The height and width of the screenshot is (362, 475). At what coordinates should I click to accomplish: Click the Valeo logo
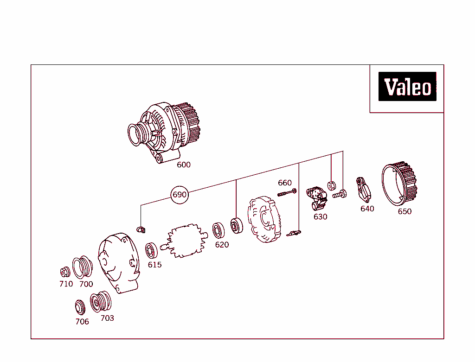pyautogui.click(x=407, y=87)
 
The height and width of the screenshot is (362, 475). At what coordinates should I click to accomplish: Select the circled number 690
pyautogui.click(x=180, y=195)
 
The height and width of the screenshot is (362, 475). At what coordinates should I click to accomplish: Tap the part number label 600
pyautogui.click(x=184, y=165)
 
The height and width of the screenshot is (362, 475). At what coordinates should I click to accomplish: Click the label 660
pyautogui.click(x=285, y=183)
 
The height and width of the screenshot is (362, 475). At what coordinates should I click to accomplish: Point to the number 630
pyautogui.click(x=320, y=217)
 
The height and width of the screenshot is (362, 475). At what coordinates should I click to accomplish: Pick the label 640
pyautogui.click(x=367, y=209)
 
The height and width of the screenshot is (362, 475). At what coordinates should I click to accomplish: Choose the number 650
pyautogui.click(x=404, y=212)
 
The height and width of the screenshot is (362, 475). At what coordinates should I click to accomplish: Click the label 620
pyautogui.click(x=222, y=245)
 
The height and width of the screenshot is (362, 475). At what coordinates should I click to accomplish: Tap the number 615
pyautogui.click(x=154, y=265)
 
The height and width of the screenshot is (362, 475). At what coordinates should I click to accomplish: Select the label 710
pyautogui.click(x=66, y=284)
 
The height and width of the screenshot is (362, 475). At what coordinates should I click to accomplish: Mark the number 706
pyautogui.click(x=82, y=322)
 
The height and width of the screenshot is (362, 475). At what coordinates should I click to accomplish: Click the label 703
pyautogui.click(x=107, y=318)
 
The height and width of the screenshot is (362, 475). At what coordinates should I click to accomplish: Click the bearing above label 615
pyautogui.click(x=152, y=250)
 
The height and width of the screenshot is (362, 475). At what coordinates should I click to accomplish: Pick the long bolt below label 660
pyautogui.click(x=287, y=193)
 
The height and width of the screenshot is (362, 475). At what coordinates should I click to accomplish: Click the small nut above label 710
pyautogui.click(x=65, y=272)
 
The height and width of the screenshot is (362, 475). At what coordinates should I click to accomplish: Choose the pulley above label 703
pyautogui.click(x=101, y=302)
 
